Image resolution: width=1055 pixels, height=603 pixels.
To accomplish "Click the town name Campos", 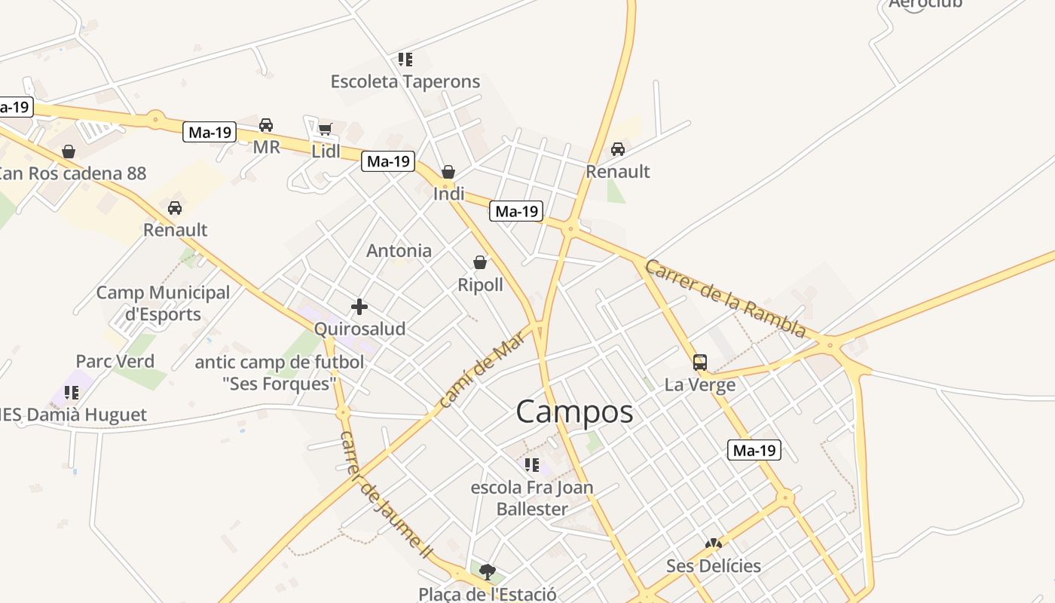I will (x=574, y=412).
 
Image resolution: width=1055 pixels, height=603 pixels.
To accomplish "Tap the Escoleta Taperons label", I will (x=405, y=81).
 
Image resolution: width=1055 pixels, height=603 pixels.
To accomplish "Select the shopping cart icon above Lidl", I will (x=325, y=130).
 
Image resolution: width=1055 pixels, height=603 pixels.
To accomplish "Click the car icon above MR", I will (x=266, y=124).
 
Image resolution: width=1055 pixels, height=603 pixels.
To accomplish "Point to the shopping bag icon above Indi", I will (x=448, y=172).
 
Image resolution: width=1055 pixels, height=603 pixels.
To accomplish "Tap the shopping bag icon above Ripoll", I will (x=480, y=262).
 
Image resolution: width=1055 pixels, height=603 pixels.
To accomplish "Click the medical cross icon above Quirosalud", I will (x=359, y=307).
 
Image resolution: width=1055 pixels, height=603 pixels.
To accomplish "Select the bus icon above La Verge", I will (x=700, y=363).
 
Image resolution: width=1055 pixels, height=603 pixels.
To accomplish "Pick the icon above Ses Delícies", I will (x=713, y=543).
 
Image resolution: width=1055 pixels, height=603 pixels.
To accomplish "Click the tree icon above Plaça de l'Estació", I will (x=488, y=571).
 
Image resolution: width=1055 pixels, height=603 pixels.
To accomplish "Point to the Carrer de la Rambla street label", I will (x=725, y=298).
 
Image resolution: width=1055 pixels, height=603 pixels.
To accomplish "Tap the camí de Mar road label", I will (x=480, y=372).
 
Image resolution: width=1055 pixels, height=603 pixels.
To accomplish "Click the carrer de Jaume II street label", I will (x=384, y=494).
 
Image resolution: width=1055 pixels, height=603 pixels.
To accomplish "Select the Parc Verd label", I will (x=115, y=362).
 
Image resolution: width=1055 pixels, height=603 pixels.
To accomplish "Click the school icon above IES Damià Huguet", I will (x=72, y=392).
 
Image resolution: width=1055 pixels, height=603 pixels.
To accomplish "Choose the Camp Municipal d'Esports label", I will (x=163, y=303).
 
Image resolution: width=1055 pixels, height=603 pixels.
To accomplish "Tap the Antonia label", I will (x=399, y=251).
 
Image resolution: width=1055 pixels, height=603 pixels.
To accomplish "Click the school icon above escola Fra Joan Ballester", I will (x=532, y=465).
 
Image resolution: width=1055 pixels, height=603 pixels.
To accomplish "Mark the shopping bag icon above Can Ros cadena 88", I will (x=69, y=152).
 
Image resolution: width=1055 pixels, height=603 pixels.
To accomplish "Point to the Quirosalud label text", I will (x=359, y=329).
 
